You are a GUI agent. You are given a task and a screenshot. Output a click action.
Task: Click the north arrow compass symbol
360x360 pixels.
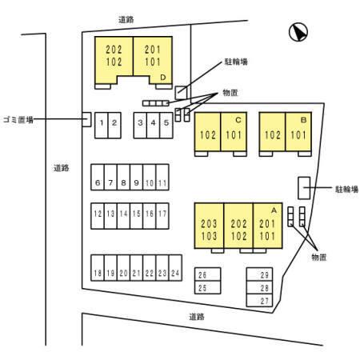coord(298,32)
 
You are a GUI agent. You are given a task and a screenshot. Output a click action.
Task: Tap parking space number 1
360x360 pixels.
coord(102,126)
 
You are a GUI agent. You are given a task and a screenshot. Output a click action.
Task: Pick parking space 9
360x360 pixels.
coord(136,177)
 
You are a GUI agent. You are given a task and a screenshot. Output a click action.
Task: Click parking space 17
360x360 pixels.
coord(162,216)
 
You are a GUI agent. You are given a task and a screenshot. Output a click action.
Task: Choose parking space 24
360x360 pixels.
coord(175,268)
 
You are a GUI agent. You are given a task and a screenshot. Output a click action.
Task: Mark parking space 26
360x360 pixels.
coord(208,274)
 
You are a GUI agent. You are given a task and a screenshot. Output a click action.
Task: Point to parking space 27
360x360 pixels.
coord(259,300)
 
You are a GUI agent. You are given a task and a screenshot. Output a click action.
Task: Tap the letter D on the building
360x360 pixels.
coord(163,78)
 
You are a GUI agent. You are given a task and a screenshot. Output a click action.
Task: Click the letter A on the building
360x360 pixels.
coord(274,210)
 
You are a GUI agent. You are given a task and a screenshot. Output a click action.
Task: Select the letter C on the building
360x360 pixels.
coord(238,120)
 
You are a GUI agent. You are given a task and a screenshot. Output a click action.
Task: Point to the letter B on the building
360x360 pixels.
coord(303,120)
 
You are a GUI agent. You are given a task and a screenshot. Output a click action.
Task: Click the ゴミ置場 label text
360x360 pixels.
coord(18,120)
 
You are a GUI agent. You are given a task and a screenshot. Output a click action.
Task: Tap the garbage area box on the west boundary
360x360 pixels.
coord(86,119)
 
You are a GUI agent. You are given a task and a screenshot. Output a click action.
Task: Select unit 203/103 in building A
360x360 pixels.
coord(209,226)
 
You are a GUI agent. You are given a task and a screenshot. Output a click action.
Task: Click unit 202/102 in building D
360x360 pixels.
coord(114,58)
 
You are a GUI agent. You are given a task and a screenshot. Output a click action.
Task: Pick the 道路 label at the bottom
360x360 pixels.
coord(197,317)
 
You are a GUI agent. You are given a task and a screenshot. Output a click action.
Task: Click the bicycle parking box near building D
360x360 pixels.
coord(181,93)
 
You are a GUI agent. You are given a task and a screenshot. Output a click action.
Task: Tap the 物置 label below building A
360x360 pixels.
coord(319,257)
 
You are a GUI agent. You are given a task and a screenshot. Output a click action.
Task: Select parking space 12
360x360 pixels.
coord(98,216)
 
